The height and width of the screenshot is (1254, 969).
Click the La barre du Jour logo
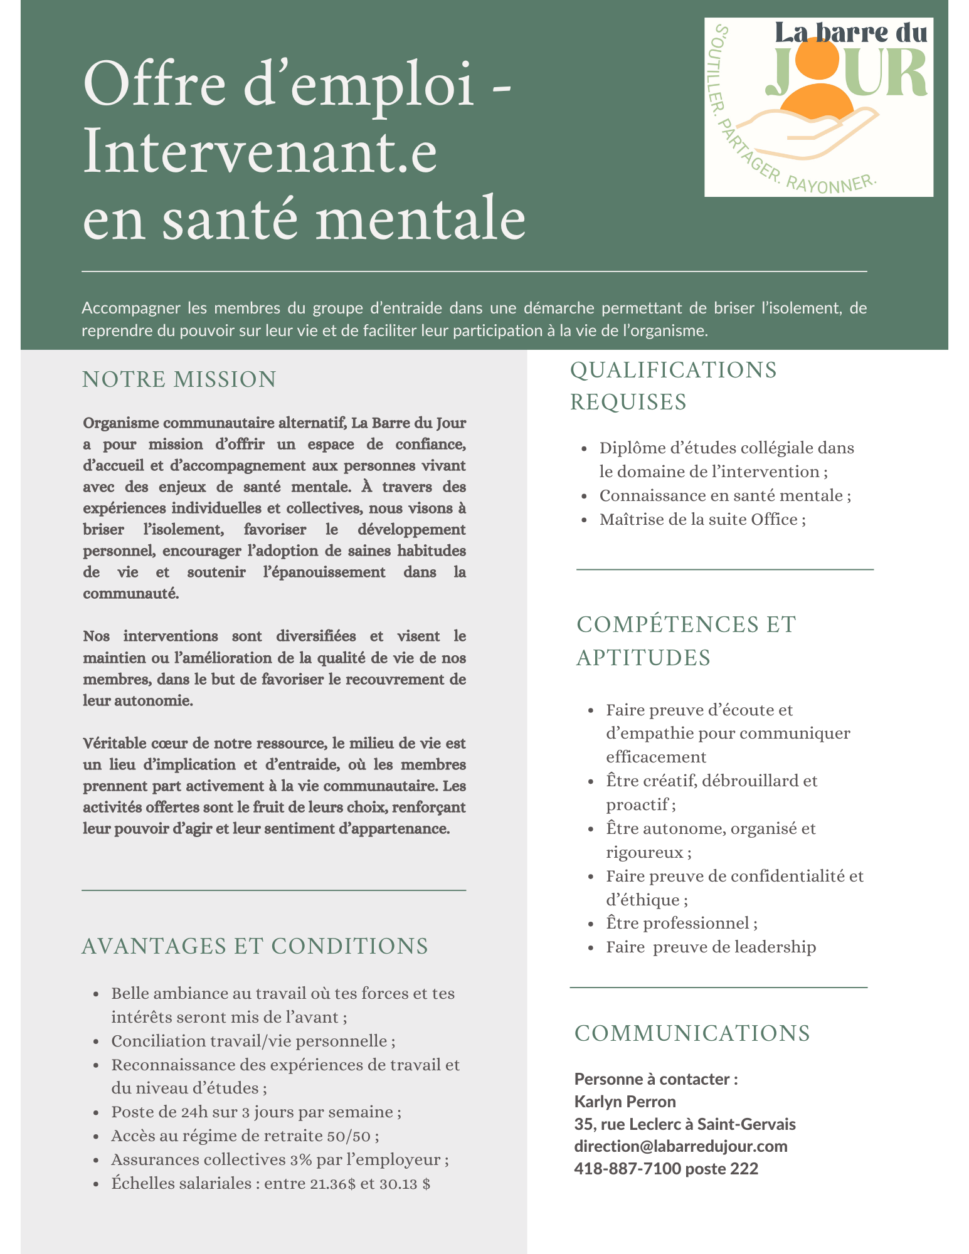coord(818,107)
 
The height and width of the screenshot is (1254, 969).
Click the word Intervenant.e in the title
coord(260,152)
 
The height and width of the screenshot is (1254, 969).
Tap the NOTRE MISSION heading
coord(179,380)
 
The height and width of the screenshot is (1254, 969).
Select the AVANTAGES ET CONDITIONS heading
coord(255,946)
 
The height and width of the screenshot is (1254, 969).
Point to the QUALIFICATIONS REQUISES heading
coord(673,386)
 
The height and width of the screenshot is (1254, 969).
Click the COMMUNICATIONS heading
coord(692,1033)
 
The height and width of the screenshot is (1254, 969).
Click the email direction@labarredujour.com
coord(680,1146)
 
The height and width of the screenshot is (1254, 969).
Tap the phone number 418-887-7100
coord(627,1169)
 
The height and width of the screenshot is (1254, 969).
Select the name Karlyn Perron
coord(625,1102)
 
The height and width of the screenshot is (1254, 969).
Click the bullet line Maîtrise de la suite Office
coord(702,519)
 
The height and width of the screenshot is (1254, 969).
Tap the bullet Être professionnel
coord(681,923)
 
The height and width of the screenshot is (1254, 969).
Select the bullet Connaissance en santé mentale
coord(724,495)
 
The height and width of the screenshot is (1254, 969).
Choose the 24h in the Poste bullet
coord(197,1112)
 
